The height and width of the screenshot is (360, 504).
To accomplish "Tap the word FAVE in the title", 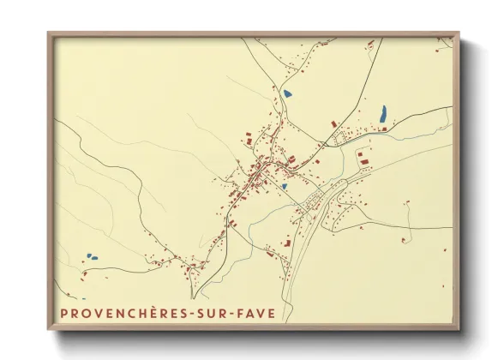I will pos(260,314).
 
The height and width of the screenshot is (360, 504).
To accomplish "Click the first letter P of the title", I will pos(64,314).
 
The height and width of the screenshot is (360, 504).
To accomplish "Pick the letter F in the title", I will pos(245,314).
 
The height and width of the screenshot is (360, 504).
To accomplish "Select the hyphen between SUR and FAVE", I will pos(237,314).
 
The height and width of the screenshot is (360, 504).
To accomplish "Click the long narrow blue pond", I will pos(382,113).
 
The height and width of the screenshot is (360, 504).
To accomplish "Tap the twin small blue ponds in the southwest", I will pos(90,255).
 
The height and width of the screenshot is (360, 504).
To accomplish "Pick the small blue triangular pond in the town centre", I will pos(283,185).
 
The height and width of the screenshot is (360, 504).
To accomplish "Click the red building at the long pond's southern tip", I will pos(384,129).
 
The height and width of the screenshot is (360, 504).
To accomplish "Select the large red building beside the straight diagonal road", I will pos(363,160).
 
